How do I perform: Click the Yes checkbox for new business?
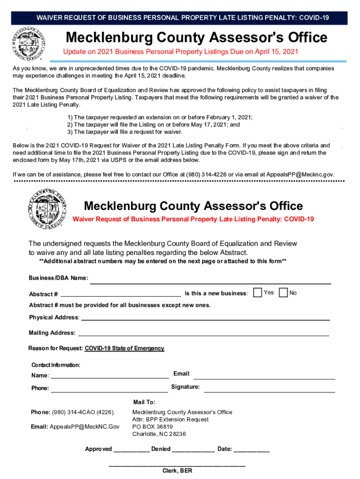(258, 293)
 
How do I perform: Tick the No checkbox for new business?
(283, 293)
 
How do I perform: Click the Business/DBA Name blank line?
(210, 281)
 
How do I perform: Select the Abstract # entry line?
(121, 294)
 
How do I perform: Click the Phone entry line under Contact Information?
(109, 389)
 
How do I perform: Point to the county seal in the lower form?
(46, 209)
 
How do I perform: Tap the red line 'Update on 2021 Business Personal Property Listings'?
(181, 51)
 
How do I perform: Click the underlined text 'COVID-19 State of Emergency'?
(124, 348)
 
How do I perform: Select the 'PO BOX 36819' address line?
(152, 427)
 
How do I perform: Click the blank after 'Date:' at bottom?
(252, 450)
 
